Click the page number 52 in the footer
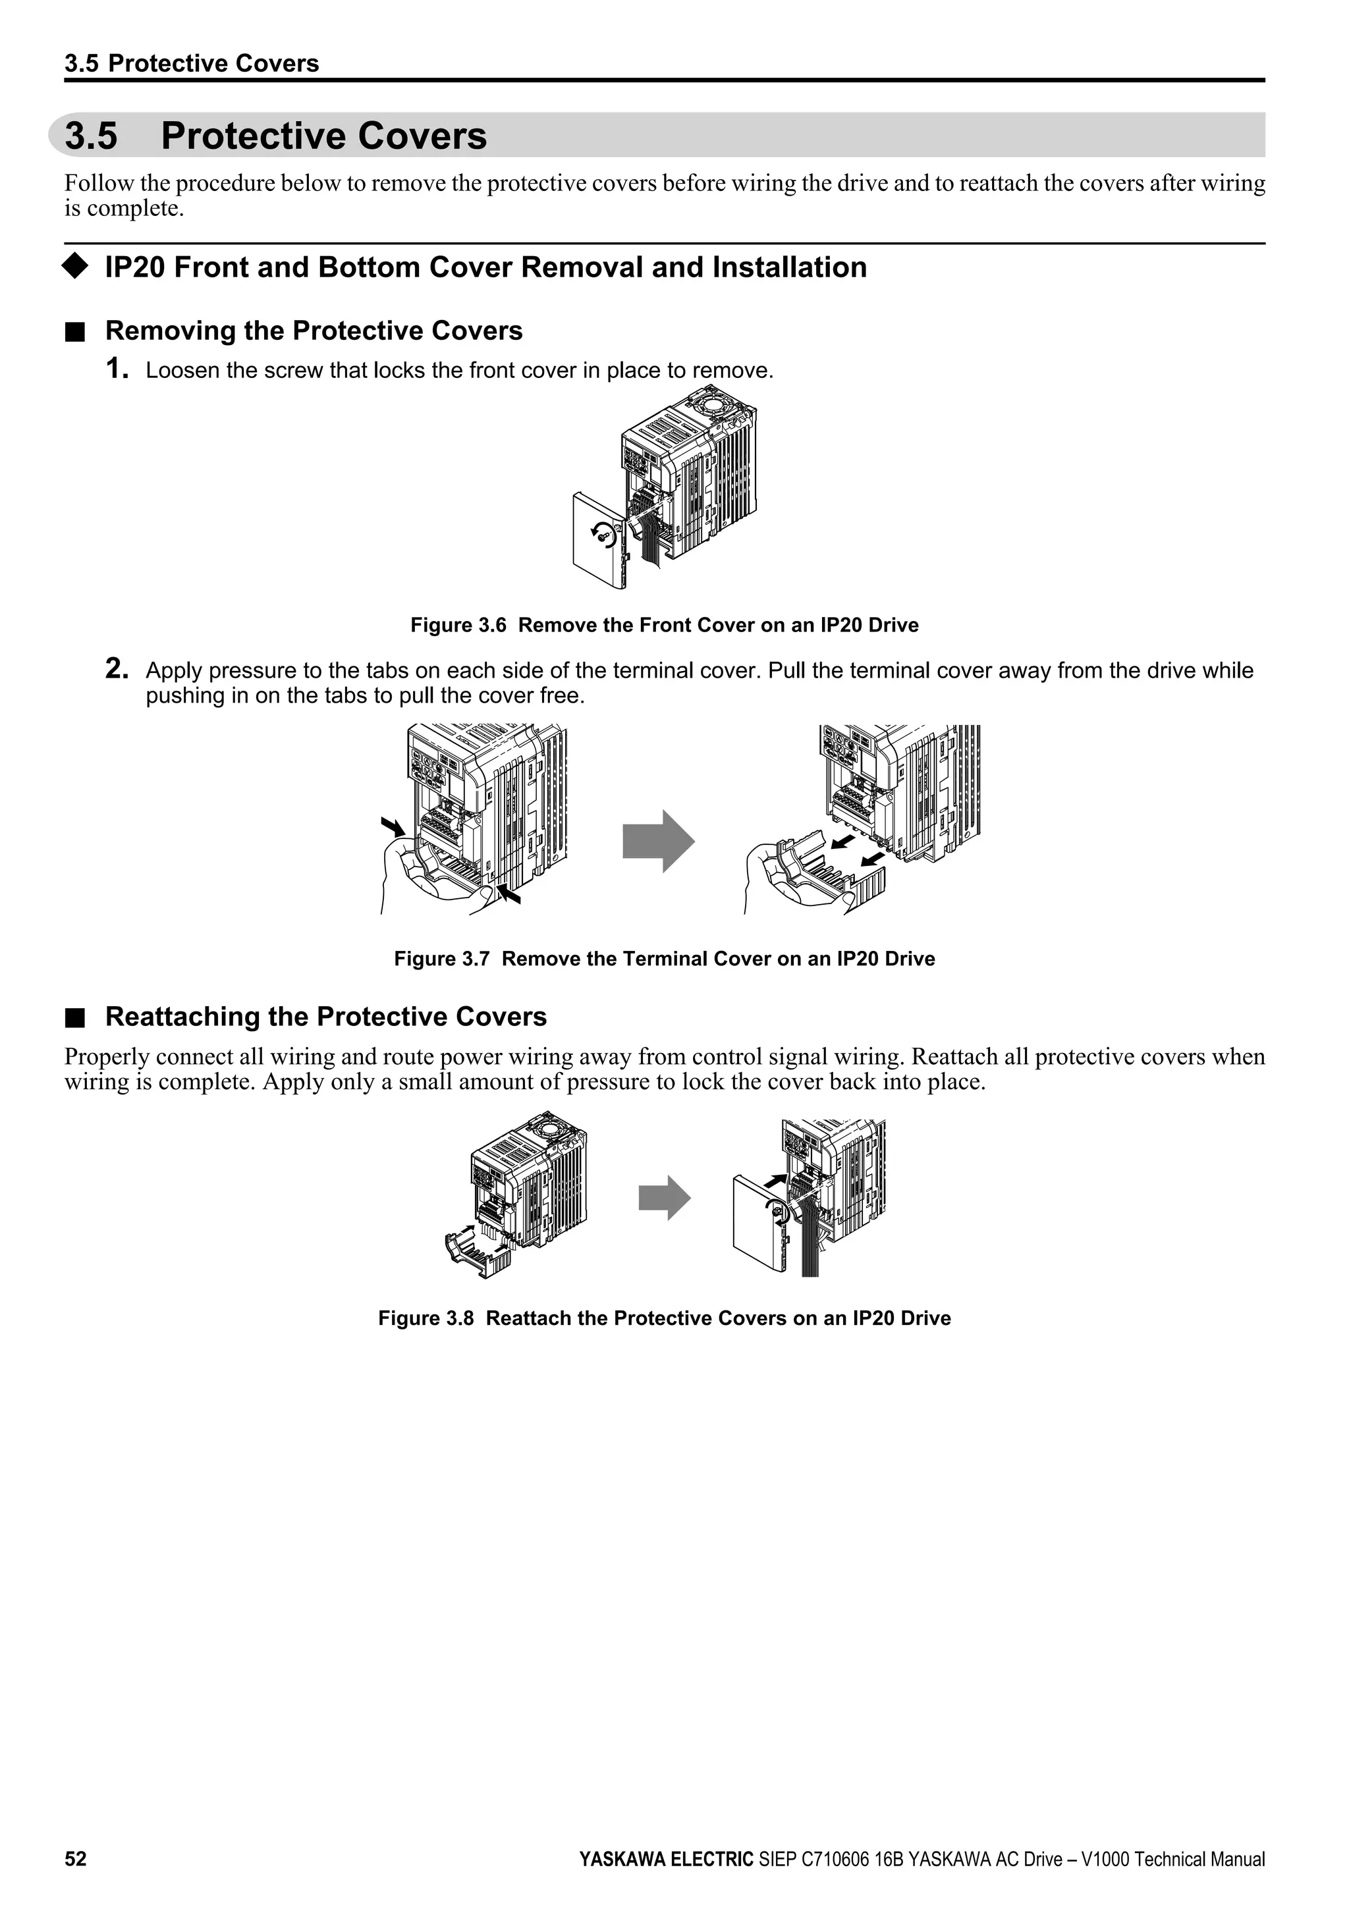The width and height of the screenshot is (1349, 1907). coord(76,1859)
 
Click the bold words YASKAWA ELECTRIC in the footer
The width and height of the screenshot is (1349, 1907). coord(666,1860)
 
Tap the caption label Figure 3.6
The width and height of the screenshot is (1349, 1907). coord(458,626)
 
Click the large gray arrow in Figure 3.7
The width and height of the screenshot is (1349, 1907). coord(658,842)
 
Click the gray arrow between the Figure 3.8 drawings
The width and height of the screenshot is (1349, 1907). coord(664,1198)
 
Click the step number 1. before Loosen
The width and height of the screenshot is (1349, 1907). coord(117,369)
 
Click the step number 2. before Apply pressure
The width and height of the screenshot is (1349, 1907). coord(117,668)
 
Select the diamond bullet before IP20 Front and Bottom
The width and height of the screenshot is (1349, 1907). coord(74,267)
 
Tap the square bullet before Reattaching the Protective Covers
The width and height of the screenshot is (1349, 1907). coord(76,1017)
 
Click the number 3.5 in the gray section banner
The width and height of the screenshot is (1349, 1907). coord(92,136)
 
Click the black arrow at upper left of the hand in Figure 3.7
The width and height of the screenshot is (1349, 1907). coord(392,826)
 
